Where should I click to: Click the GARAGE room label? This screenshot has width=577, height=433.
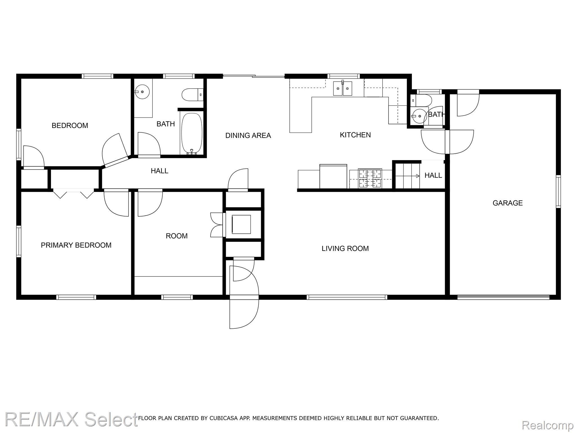[507, 203]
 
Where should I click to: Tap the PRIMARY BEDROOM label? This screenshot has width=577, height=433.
[76, 245]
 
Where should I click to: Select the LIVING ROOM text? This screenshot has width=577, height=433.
[345, 248]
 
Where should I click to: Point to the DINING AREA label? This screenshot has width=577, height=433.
[248, 136]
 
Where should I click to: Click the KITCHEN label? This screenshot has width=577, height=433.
[355, 135]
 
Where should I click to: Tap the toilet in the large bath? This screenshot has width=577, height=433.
[192, 95]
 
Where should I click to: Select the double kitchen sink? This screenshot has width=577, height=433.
[343, 88]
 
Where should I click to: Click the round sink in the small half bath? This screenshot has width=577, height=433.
[419, 116]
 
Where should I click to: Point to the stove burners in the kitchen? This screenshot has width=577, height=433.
[370, 178]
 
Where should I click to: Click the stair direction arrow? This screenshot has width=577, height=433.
[407, 176]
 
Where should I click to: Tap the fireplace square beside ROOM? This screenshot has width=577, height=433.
[241, 224]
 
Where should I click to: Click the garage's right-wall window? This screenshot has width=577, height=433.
[558, 191]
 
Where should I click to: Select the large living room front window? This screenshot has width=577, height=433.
[347, 297]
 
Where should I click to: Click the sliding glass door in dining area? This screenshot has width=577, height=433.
[254, 76]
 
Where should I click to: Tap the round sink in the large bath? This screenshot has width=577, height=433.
[142, 92]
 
